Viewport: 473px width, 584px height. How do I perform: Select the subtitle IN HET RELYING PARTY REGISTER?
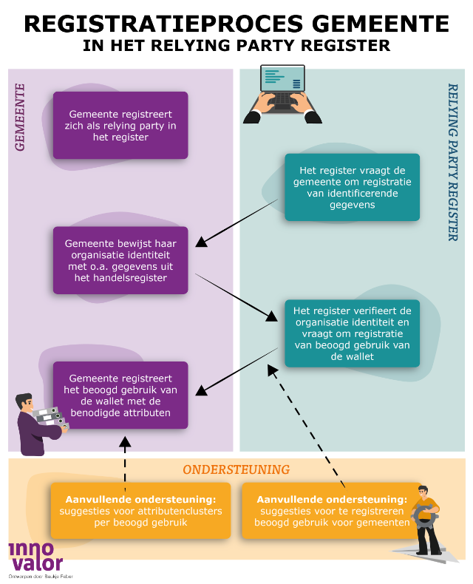(x=236, y=47)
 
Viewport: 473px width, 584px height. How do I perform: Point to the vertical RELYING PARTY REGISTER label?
(x=452, y=162)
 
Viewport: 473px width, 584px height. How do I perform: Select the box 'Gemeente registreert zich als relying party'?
(x=120, y=126)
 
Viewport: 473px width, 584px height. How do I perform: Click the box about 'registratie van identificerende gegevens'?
(x=352, y=187)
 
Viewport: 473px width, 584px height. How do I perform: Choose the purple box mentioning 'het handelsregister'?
(x=120, y=260)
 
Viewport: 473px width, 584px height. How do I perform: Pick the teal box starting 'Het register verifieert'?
(x=352, y=333)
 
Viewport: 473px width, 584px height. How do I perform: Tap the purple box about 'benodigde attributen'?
(x=120, y=395)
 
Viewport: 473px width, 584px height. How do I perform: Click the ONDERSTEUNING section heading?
(x=236, y=470)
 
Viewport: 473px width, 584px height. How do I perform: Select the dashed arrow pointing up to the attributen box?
(x=125, y=462)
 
